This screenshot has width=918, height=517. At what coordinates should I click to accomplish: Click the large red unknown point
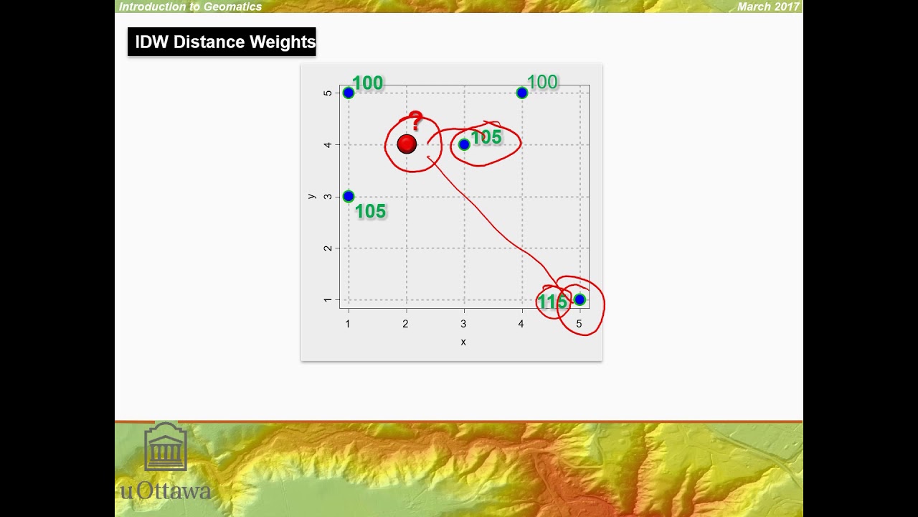click(x=407, y=144)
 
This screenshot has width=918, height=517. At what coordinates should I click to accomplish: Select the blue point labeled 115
click(x=579, y=299)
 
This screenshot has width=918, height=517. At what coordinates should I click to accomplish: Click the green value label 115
click(x=552, y=302)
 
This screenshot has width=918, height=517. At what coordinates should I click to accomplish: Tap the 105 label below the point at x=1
click(x=370, y=211)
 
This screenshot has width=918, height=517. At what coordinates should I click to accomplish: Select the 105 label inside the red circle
click(x=486, y=137)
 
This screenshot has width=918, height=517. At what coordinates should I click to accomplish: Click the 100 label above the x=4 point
click(x=542, y=82)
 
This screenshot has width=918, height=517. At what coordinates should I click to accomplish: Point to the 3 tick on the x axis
click(x=463, y=324)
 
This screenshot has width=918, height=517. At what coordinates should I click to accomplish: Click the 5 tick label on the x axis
click(x=579, y=324)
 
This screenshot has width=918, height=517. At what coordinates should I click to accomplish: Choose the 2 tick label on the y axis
click(x=328, y=248)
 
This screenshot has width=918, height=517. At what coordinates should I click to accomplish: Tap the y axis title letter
click(x=311, y=195)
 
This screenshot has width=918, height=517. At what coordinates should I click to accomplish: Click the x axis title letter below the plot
click(x=463, y=342)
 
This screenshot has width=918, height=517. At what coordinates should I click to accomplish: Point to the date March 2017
click(x=768, y=6)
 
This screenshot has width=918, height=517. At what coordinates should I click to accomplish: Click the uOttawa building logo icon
click(x=166, y=447)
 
